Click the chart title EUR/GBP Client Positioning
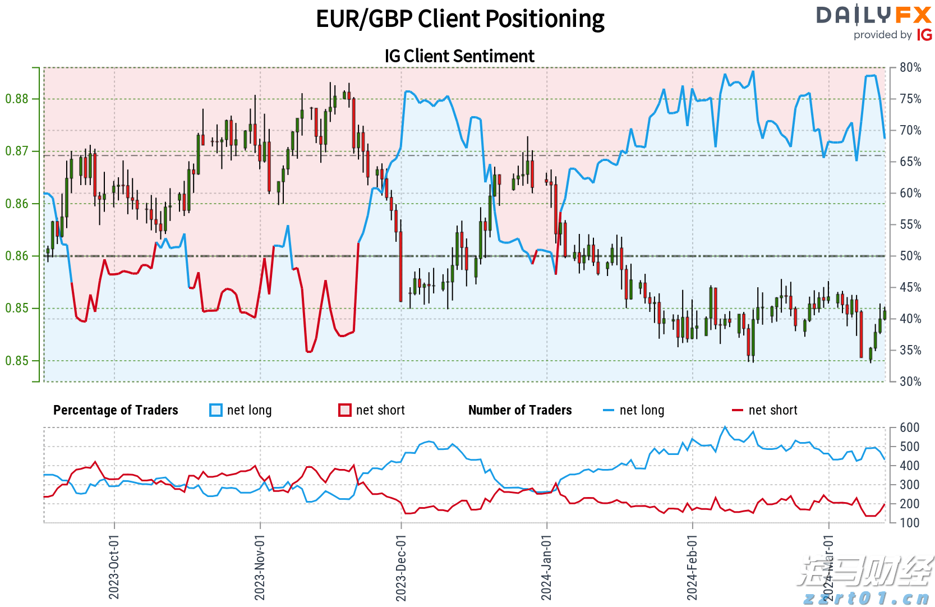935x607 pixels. pyautogui.click(x=460, y=19)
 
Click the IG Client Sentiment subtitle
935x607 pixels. pyautogui.click(x=459, y=56)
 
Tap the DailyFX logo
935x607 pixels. pyautogui.click(x=873, y=16)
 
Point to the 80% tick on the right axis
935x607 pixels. pyautogui.click(x=910, y=67)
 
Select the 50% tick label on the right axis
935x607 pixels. pyautogui.click(x=910, y=256)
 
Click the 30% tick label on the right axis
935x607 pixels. pyautogui.click(x=910, y=381)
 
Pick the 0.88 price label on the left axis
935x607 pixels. pyautogui.click(x=17, y=99)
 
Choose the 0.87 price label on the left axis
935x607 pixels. pyautogui.click(x=17, y=151)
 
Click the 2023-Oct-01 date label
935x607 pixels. pyautogui.click(x=114, y=567)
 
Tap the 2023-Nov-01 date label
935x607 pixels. pyautogui.click(x=260, y=567)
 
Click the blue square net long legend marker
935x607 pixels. pyautogui.click(x=216, y=410)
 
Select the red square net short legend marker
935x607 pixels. pyautogui.click(x=345, y=410)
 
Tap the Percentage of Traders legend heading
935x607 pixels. pyautogui.click(x=116, y=410)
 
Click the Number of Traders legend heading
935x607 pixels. pyautogui.click(x=520, y=410)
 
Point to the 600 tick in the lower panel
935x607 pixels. pyautogui.click(x=909, y=427)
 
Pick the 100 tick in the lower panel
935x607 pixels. pyautogui.click(x=909, y=523)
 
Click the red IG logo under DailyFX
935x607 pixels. pyautogui.click(x=924, y=35)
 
